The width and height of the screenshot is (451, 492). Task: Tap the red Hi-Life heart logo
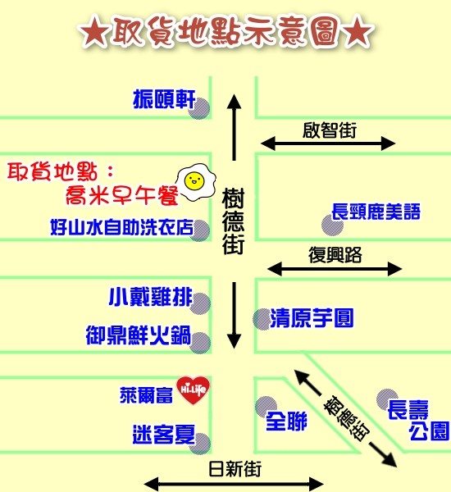click(193, 390)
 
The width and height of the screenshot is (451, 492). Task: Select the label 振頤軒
click(165, 99)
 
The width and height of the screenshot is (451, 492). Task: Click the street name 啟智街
click(330, 130)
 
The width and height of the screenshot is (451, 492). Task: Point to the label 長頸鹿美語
click(376, 212)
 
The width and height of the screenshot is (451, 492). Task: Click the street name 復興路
click(335, 255)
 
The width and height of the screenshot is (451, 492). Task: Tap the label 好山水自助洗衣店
click(122, 227)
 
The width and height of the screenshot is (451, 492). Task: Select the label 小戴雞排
click(151, 297)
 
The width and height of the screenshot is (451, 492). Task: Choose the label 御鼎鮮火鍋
click(139, 335)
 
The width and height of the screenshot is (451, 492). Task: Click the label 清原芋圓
click(312, 318)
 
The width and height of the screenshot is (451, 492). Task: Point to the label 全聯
click(286, 421)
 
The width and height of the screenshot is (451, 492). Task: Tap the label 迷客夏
click(164, 435)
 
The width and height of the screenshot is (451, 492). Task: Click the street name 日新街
click(235, 469)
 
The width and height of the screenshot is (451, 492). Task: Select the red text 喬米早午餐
click(122, 195)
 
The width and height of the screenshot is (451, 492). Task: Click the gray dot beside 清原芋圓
click(262, 319)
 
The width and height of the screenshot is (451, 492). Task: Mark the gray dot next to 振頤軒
click(199, 108)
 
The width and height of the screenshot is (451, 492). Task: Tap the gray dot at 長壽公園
click(387, 399)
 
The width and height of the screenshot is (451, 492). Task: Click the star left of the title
click(94, 32)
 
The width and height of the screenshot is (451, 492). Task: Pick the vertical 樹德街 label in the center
click(233, 221)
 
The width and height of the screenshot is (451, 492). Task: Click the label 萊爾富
click(146, 395)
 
